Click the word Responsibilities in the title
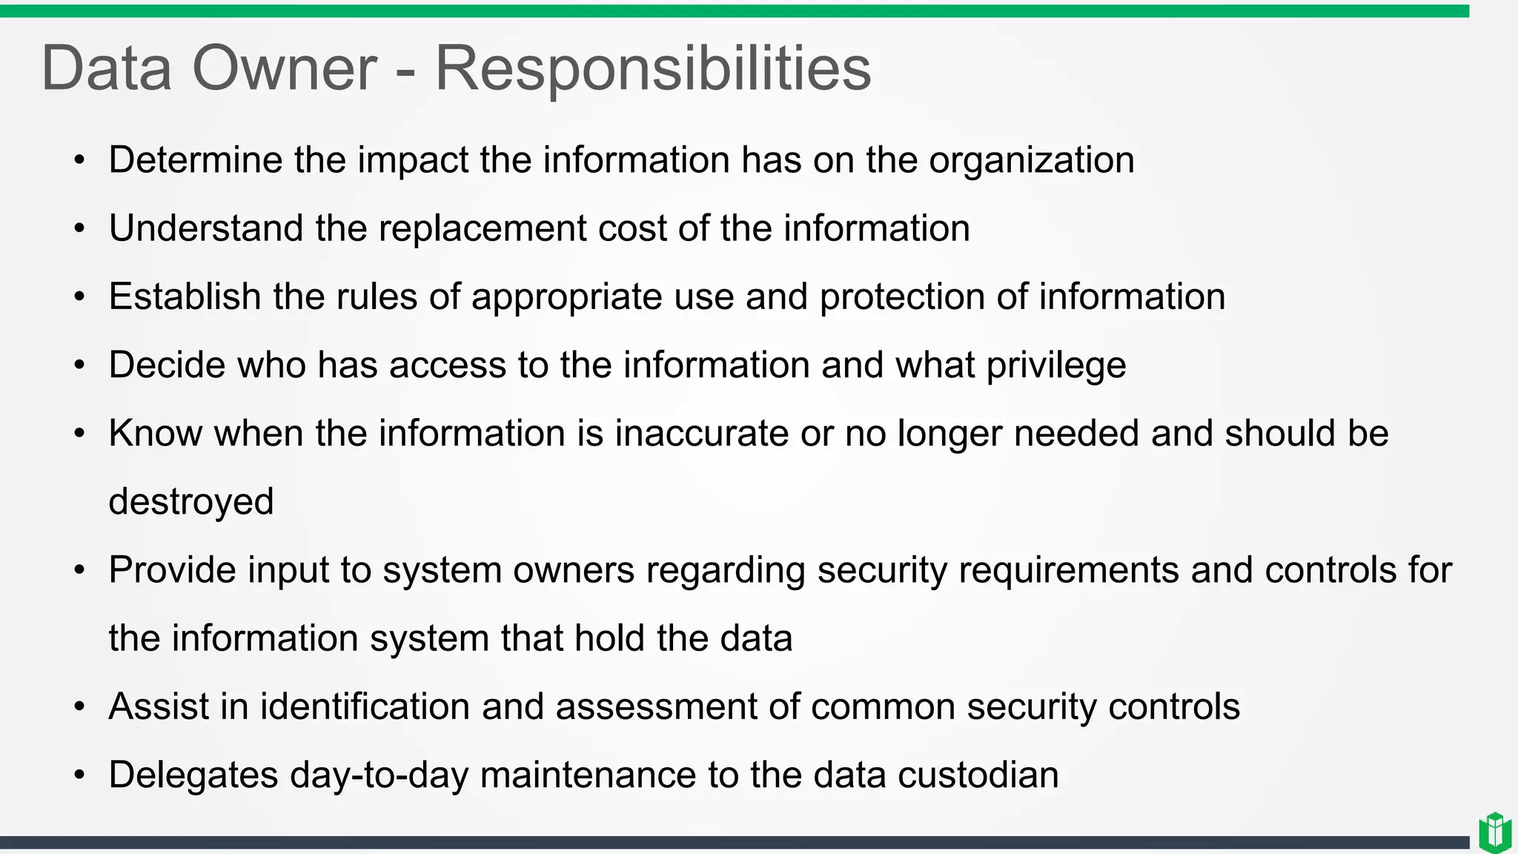click(652, 69)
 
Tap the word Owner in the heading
click(285, 69)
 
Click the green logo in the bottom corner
click(1494, 833)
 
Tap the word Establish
click(185, 297)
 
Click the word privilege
click(1056, 365)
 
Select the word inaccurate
click(702, 433)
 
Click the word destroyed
click(191, 502)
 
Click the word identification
click(365, 706)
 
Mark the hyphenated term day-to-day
click(379, 775)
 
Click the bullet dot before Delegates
click(79, 775)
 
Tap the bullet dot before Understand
click(79, 229)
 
